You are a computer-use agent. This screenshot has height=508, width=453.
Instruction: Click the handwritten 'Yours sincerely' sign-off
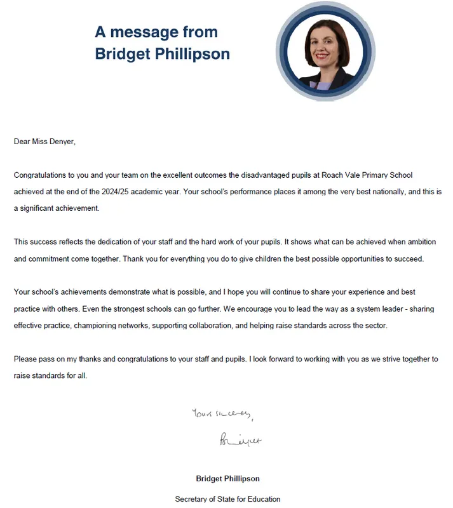(222, 415)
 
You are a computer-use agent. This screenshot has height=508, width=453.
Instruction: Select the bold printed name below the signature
(227, 478)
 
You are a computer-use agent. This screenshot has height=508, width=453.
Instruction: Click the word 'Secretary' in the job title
(192, 499)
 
